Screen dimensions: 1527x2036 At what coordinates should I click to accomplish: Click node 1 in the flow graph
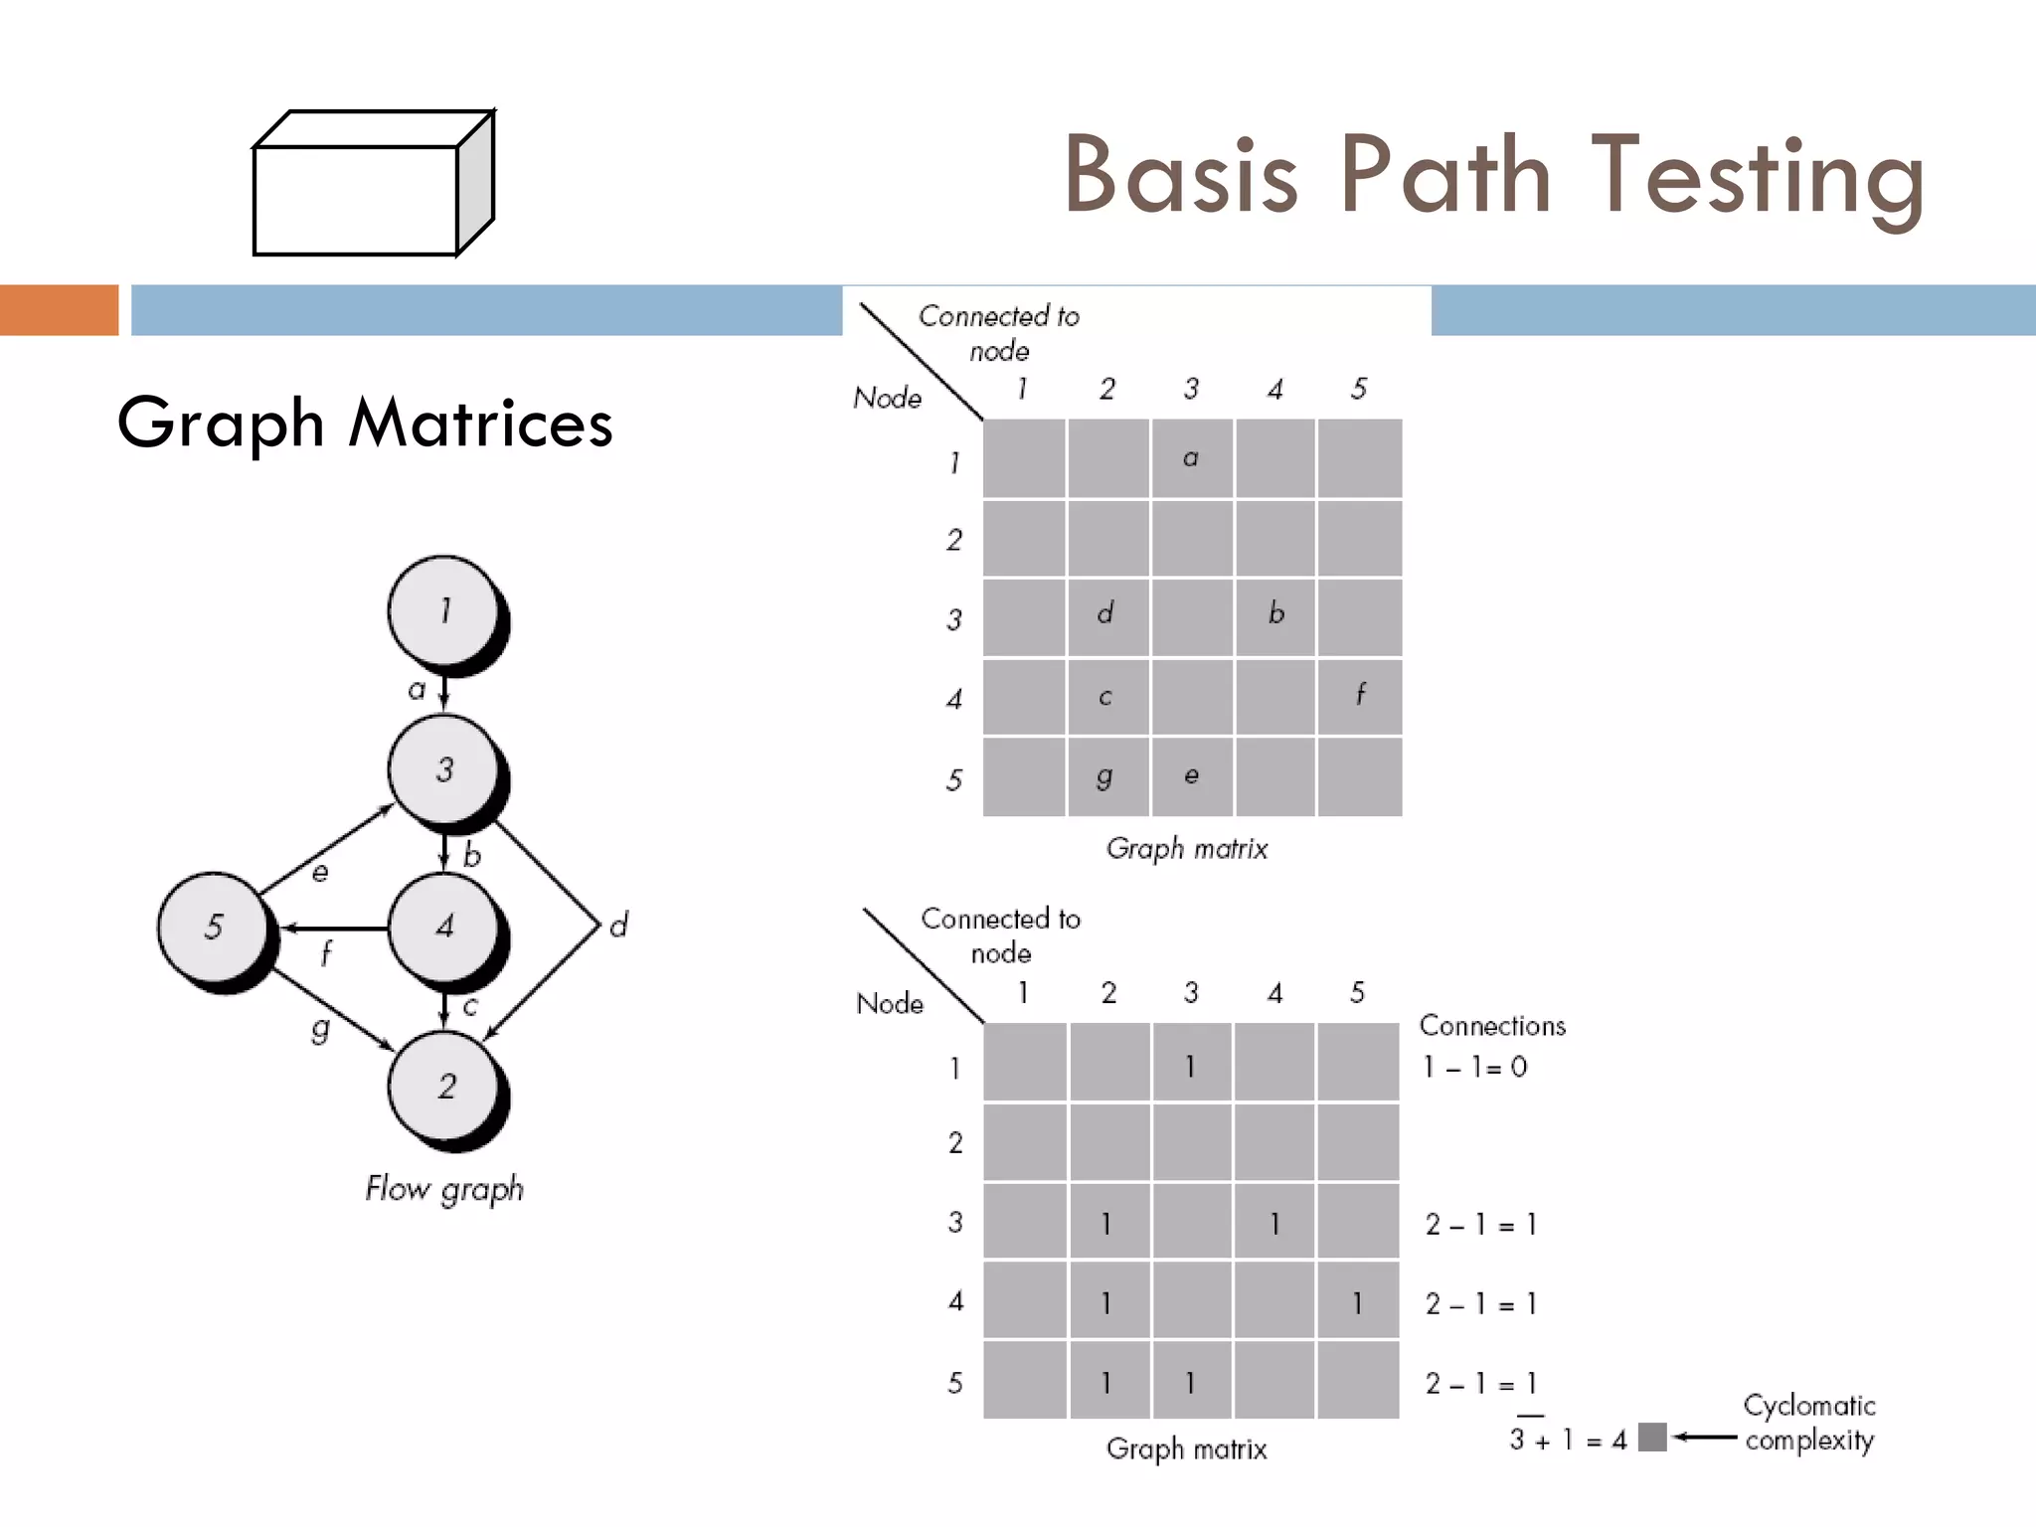pyautogui.click(x=443, y=609)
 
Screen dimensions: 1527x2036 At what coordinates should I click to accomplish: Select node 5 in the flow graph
pyautogui.click(x=214, y=927)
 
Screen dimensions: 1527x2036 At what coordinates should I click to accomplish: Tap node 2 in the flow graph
pyautogui.click(x=444, y=1086)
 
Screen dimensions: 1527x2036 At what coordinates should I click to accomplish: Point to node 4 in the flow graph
pyautogui.click(x=443, y=927)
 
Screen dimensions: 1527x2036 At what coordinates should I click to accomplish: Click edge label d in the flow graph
pyautogui.click(x=618, y=926)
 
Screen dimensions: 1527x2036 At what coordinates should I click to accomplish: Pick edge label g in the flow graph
pyautogui.click(x=319, y=1028)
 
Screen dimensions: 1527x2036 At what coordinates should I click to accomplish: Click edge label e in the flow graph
pyautogui.click(x=320, y=873)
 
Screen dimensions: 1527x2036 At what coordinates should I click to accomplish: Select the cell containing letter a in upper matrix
pyautogui.click(x=1191, y=458)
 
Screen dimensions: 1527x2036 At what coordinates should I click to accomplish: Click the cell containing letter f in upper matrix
pyautogui.click(x=1360, y=696)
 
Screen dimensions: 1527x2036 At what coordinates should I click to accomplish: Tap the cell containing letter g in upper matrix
pyautogui.click(x=1106, y=776)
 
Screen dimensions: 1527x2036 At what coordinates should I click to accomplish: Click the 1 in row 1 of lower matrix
pyautogui.click(x=1190, y=1066)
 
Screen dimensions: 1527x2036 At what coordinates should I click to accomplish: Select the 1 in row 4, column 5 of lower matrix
pyautogui.click(x=1357, y=1302)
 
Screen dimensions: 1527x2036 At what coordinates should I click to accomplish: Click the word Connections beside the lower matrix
pyautogui.click(x=1491, y=1025)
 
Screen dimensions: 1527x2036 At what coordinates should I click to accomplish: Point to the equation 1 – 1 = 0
pyautogui.click(x=1474, y=1067)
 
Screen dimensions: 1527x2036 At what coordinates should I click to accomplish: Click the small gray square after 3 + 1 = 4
pyautogui.click(x=1651, y=1437)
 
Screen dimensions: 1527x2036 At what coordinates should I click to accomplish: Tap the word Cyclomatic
pyautogui.click(x=1809, y=1405)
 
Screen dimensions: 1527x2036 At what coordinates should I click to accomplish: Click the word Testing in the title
pyautogui.click(x=1758, y=175)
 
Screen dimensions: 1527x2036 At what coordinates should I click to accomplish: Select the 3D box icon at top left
pyautogui.click(x=373, y=184)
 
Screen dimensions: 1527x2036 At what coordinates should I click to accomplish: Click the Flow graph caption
pyautogui.click(x=443, y=1189)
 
